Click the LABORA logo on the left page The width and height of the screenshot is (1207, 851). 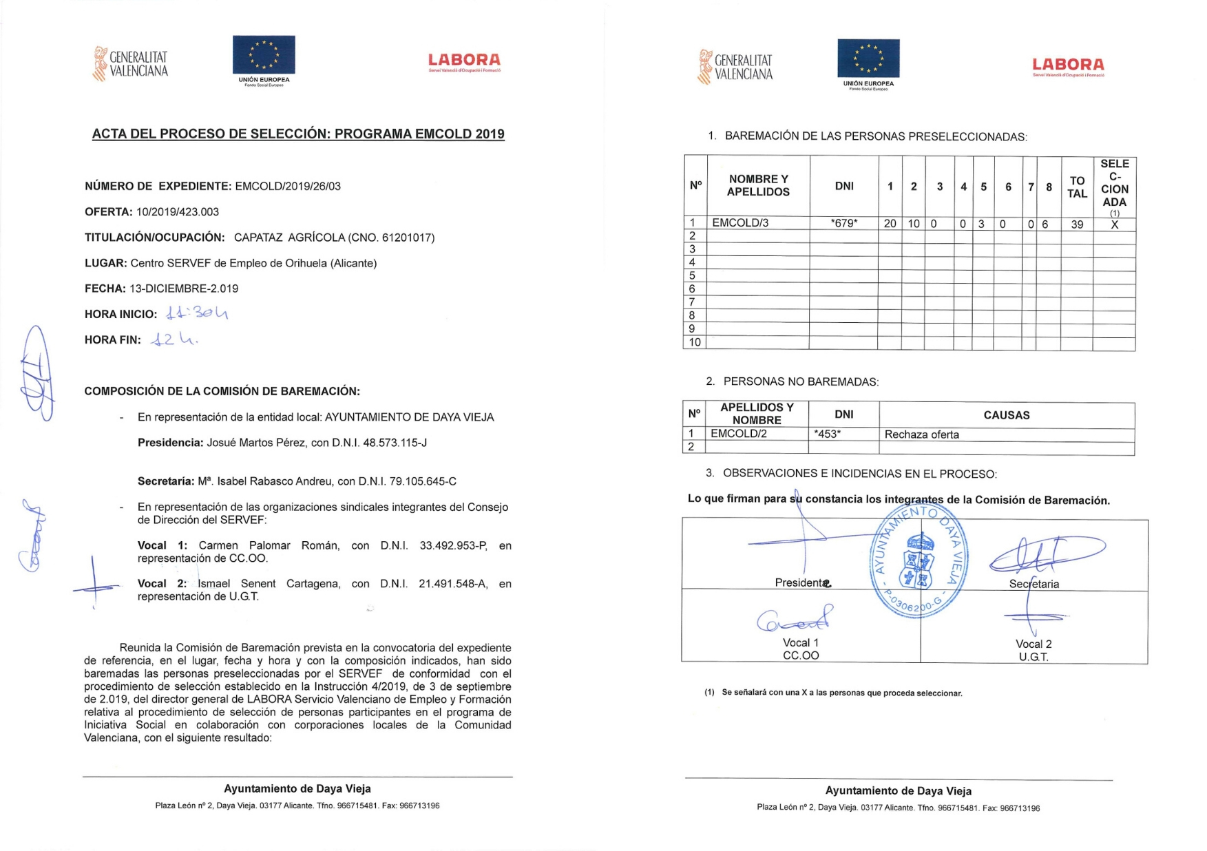click(464, 62)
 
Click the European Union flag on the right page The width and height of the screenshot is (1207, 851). click(868, 58)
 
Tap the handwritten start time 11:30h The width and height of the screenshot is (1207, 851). click(197, 313)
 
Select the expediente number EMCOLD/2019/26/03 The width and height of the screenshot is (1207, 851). click(288, 186)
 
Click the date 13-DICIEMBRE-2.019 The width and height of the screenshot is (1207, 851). click(184, 288)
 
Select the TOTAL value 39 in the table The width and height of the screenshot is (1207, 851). click(1076, 224)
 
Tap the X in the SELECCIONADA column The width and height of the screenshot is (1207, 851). click(1114, 224)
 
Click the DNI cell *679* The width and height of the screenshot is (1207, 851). click(843, 223)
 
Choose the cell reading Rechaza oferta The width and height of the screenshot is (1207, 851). click(921, 434)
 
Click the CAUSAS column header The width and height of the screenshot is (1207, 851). click(1006, 415)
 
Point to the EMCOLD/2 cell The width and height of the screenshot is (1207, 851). click(738, 434)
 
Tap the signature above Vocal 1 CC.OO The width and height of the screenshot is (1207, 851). click(795, 620)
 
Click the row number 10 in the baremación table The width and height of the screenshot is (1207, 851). click(695, 342)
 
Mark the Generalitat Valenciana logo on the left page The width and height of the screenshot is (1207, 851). click(131, 64)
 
